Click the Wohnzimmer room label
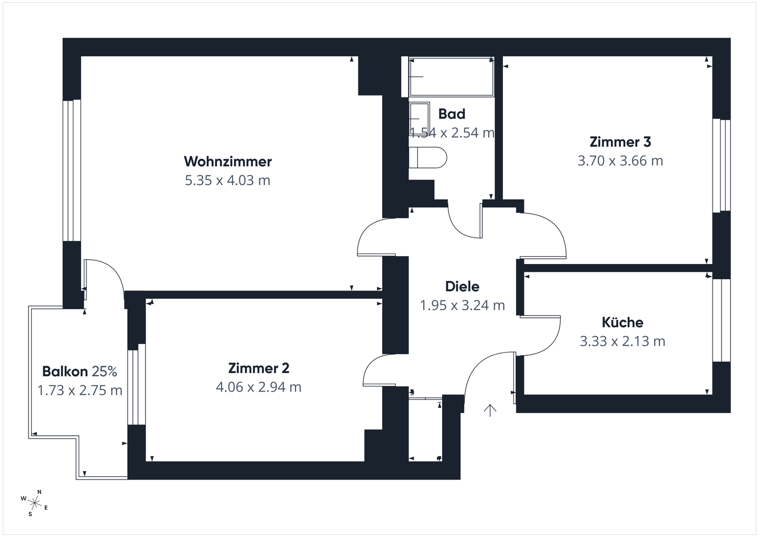(x=228, y=161)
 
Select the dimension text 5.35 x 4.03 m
(x=228, y=180)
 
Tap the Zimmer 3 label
(x=620, y=142)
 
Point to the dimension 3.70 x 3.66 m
(x=620, y=161)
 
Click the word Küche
(x=622, y=322)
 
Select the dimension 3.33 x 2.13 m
(x=622, y=341)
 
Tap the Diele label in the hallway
(x=462, y=287)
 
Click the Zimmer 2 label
(x=258, y=368)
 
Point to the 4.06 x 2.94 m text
(x=258, y=387)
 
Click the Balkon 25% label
(x=80, y=372)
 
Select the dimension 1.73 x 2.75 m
(x=80, y=390)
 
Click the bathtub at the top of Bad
(x=452, y=77)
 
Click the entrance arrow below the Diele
(x=490, y=410)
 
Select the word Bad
(x=452, y=114)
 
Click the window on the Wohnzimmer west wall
(x=72, y=170)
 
